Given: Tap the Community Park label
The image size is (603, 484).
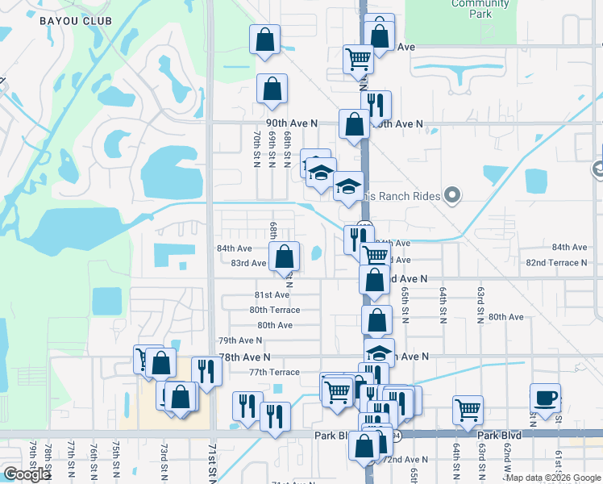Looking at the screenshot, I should pyautogui.click(x=480, y=8).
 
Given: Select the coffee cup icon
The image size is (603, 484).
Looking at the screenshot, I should pyautogui.click(x=545, y=398).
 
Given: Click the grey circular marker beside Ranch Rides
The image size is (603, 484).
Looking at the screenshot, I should pyautogui.click(x=452, y=195).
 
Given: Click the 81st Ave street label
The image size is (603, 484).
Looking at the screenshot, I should pyautogui.click(x=272, y=295).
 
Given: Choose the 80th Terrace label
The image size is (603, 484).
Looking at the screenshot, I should pyautogui.click(x=274, y=310).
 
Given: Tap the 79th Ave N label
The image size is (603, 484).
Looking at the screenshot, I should pyautogui.click(x=240, y=341).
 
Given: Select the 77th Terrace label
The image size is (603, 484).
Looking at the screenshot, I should pyautogui.click(x=274, y=373).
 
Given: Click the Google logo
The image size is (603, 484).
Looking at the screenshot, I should pyautogui.click(x=27, y=474).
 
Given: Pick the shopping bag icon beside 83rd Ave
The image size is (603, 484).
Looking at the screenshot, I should pyautogui.click(x=284, y=257).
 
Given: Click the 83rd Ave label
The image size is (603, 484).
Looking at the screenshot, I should pyautogui.click(x=248, y=263).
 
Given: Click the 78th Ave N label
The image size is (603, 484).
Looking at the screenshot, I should pyautogui.click(x=245, y=357).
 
